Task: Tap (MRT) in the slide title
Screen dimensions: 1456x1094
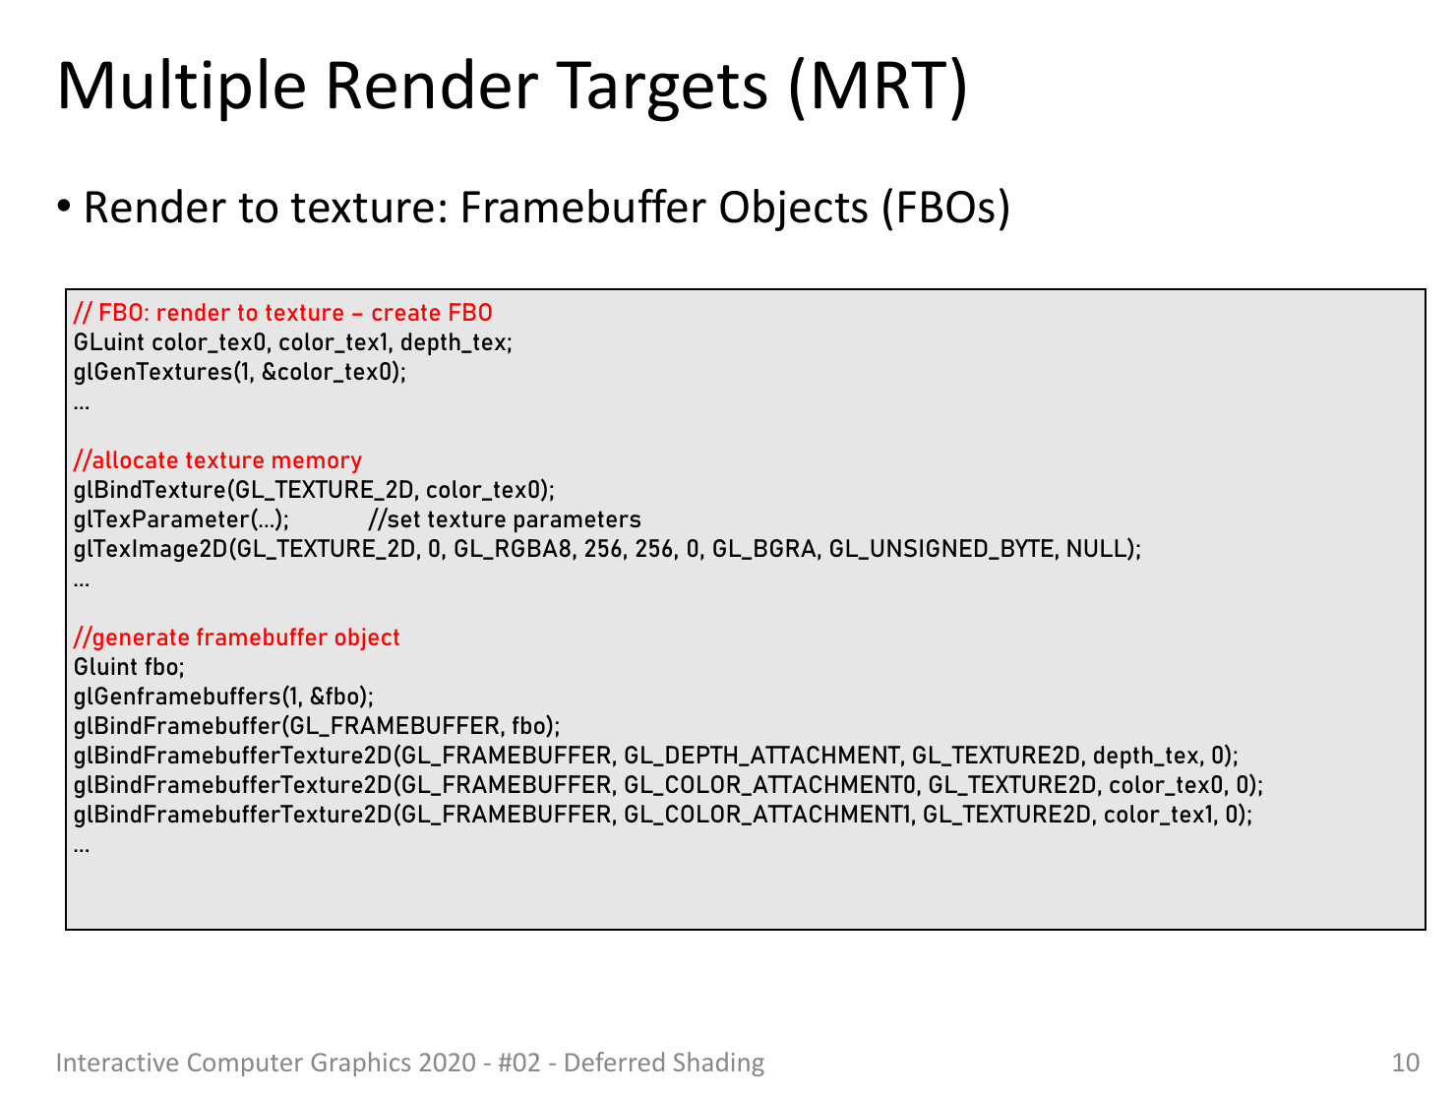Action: [x=879, y=88]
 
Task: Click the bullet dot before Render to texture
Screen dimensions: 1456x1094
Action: [x=64, y=207]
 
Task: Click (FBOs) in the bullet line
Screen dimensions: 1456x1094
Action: [x=945, y=209]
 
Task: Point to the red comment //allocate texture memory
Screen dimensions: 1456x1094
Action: [x=217, y=459]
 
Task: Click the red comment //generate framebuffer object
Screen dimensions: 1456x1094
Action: [x=237, y=637]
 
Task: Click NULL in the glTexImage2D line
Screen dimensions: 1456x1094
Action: [x=1096, y=548]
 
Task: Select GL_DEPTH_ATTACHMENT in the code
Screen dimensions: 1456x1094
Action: [x=761, y=756]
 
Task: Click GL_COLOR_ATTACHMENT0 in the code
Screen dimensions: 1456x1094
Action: [x=769, y=784]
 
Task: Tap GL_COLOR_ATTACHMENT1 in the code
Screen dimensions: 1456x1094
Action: [x=766, y=814]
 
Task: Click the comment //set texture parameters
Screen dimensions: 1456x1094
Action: [x=505, y=519]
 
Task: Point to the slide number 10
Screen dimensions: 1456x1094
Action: [x=1405, y=1063]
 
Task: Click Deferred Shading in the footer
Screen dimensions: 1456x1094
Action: [x=663, y=1063]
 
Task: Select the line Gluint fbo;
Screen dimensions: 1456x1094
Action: [x=129, y=666]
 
